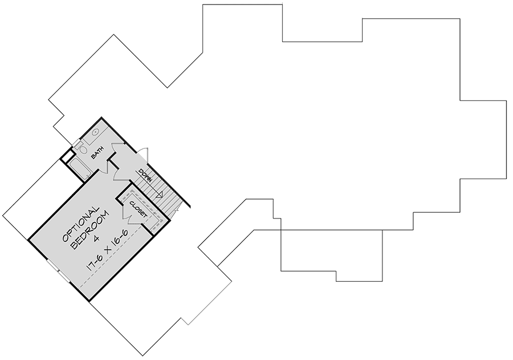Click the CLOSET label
click(x=138, y=209)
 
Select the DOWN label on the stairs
click(x=145, y=175)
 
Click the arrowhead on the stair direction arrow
click(x=160, y=195)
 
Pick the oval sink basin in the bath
click(x=95, y=132)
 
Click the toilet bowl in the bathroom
click(x=83, y=150)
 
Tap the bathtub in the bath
click(x=79, y=168)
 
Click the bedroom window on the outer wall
click(x=59, y=271)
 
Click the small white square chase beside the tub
click(x=67, y=156)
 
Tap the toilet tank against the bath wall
click(x=78, y=144)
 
